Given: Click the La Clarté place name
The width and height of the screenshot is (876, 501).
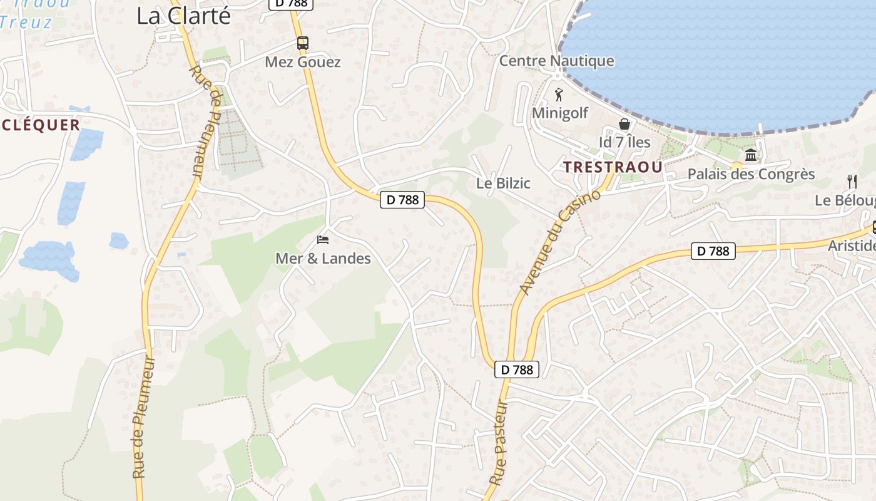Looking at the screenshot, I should click(183, 16).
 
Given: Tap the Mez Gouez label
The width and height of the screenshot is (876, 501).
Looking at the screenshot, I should click(303, 62).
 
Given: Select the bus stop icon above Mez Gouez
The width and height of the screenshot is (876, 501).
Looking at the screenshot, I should click(303, 43).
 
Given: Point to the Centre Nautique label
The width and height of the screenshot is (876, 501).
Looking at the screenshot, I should click(556, 61).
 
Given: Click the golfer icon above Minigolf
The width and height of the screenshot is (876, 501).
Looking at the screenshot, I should click(559, 95).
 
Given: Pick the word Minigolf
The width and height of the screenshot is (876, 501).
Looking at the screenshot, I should click(560, 113).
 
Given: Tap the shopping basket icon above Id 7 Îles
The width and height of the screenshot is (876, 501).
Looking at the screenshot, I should click(624, 123).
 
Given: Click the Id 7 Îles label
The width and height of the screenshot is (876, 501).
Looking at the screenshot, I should click(624, 142).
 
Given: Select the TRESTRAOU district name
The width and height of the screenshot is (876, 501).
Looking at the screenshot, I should click(613, 167).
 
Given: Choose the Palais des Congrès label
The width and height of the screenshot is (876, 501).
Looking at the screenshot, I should click(751, 174).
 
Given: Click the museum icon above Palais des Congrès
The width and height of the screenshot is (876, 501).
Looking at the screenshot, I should click(750, 155).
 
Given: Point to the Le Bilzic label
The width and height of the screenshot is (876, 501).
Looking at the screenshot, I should click(503, 183).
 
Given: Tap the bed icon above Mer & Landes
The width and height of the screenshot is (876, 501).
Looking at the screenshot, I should click(323, 239).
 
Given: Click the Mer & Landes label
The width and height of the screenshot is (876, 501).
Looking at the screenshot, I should click(323, 258).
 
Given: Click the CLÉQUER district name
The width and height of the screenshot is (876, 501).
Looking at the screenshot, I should click(41, 125).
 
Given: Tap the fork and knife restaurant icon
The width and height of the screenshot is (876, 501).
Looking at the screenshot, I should click(852, 182).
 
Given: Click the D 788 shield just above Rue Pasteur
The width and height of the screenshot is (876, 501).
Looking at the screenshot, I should click(517, 369).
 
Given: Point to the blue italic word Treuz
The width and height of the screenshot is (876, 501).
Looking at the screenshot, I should click(26, 23).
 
